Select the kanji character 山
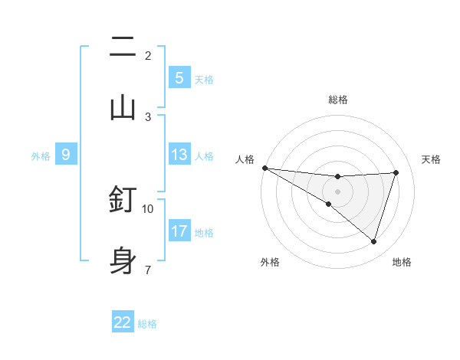pyautogui.click(x=123, y=107)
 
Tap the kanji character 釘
pyautogui.click(x=123, y=199)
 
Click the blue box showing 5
pyautogui.click(x=179, y=78)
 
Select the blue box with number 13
pyautogui.click(x=179, y=155)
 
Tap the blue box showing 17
pyautogui.click(x=179, y=231)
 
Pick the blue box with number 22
pyautogui.click(x=123, y=322)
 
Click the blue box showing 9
pyautogui.click(x=66, y=155)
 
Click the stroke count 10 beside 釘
pyautogui.click(x=148, y=208)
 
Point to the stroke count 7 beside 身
pyautogui.click(x=147, y=270)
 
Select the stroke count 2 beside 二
pyautogui.click(x=147, y=55)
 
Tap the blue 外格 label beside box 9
pyautogui.click(x=41, y=155)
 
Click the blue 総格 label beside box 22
pyautogui.click(x=147, y=323)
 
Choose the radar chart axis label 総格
pyautogui.click(x=337, y=100)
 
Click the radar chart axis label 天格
pyautogui.click(x=432, y=159)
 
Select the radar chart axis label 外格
pyautogui.click(x=270, y=262)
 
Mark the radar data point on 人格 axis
pyautogui.click(x=264, y=168)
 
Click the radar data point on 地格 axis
pyautogui.click(x=373, y=241)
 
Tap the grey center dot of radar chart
pyautogui.click(x=337, y=191)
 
